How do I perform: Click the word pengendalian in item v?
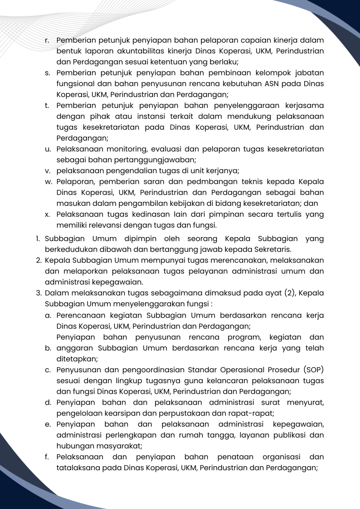pyautogui.click(x=122, y=170)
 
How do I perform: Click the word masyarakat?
pyautogui.click(x=117, y=445)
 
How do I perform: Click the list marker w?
pyautogui.click(x=48, y=181)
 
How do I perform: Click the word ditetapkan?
pyautogui.click(x=77, y=358)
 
